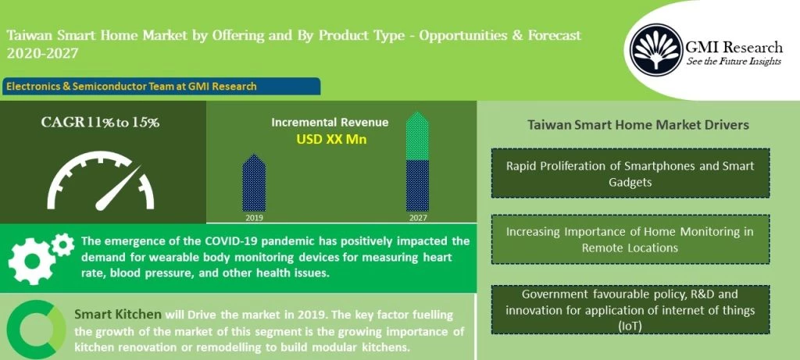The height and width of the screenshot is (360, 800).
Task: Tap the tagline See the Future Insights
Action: (734, 62)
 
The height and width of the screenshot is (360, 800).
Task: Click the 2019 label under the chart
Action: (254, 218)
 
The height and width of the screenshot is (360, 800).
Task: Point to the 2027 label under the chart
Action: (417, 218)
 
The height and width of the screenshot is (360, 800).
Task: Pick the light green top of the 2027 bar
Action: (418, 137)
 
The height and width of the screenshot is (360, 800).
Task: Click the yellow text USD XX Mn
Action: (330, 140)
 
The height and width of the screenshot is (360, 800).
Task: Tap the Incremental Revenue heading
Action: (330, 123)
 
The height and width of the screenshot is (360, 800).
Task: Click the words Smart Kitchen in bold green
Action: (118, 315)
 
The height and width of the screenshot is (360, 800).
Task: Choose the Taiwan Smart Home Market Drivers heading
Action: (638, 125)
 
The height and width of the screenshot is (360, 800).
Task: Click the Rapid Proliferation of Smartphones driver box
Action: (630, 173)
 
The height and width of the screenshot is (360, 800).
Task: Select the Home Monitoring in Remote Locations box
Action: (630, 240)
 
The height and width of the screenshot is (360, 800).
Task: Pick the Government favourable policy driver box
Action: (630, 310)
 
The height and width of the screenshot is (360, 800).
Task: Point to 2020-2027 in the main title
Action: (42, 54)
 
